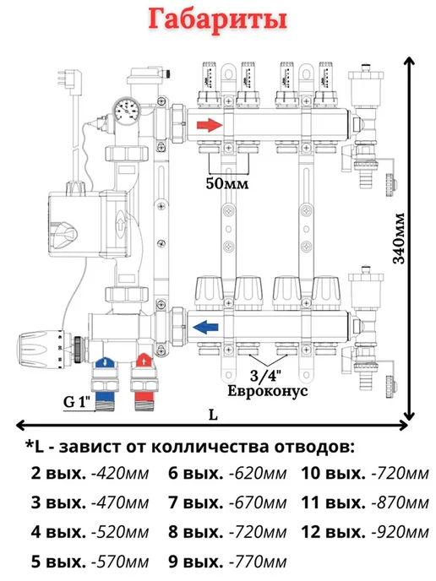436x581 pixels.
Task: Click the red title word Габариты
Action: tap(218, 19)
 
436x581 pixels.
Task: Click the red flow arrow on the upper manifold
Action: tap(210, 125)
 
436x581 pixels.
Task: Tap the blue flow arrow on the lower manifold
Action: tap(205, 328)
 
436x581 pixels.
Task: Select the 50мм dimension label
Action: tap(227, 183)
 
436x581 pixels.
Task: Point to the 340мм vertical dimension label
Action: tap(400, 238)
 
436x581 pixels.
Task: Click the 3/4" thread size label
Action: tap(265, 376)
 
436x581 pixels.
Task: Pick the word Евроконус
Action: tap(267, 391)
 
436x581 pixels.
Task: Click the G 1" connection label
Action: tap(77, 402)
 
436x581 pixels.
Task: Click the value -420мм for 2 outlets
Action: tap(120, 474)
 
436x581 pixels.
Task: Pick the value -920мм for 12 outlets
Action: tap(400, 533)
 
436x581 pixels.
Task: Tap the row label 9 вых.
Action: tap(196, 562)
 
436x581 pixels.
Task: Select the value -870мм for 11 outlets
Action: tap(400, 503)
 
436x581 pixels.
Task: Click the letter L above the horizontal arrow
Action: tap(213, 415)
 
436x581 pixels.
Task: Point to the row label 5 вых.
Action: tap(58, 562)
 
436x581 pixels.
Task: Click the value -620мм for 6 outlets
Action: tap(258, 474)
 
